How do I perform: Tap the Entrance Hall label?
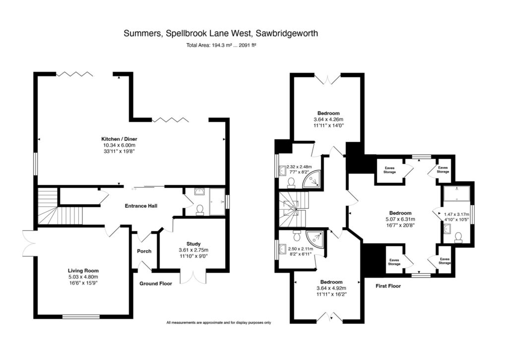pos(141,206)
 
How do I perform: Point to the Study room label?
pos(193,243)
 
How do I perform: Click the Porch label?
pos(144,251)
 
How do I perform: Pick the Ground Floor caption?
pos(156,284)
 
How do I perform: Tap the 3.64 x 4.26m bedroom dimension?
pos(328,120)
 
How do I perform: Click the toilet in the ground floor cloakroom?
pos(200,210)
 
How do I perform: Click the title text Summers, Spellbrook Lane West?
pos(220,34)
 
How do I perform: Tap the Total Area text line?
pos(220,45)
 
